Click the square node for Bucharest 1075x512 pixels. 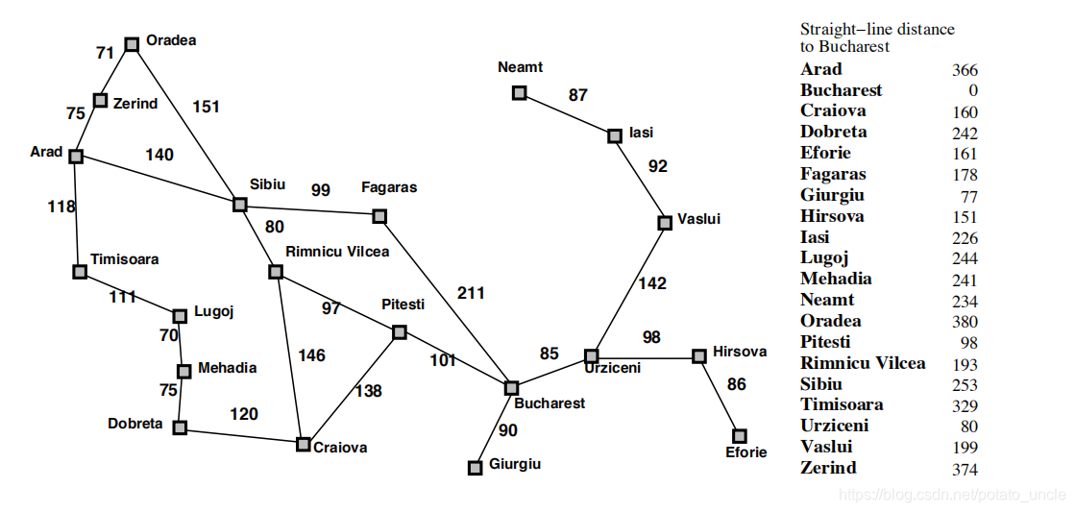511,388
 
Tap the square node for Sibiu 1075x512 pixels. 240,204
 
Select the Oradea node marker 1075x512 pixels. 131,43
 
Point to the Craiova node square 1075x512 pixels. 304,444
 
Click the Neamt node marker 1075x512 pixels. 519,92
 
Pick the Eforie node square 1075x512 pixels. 739,435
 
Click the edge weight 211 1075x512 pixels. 471,293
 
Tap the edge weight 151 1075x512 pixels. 206,107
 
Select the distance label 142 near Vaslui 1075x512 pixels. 651,283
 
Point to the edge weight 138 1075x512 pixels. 368,391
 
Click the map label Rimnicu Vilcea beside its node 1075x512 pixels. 337,252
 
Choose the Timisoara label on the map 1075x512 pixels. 125,259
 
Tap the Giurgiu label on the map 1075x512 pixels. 515,464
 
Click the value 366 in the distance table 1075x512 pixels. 965,70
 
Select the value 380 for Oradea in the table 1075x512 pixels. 965,322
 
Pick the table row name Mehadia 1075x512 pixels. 836,279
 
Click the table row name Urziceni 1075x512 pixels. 834,426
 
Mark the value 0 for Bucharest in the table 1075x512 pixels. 973,91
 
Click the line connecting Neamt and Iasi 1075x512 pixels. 567,113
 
